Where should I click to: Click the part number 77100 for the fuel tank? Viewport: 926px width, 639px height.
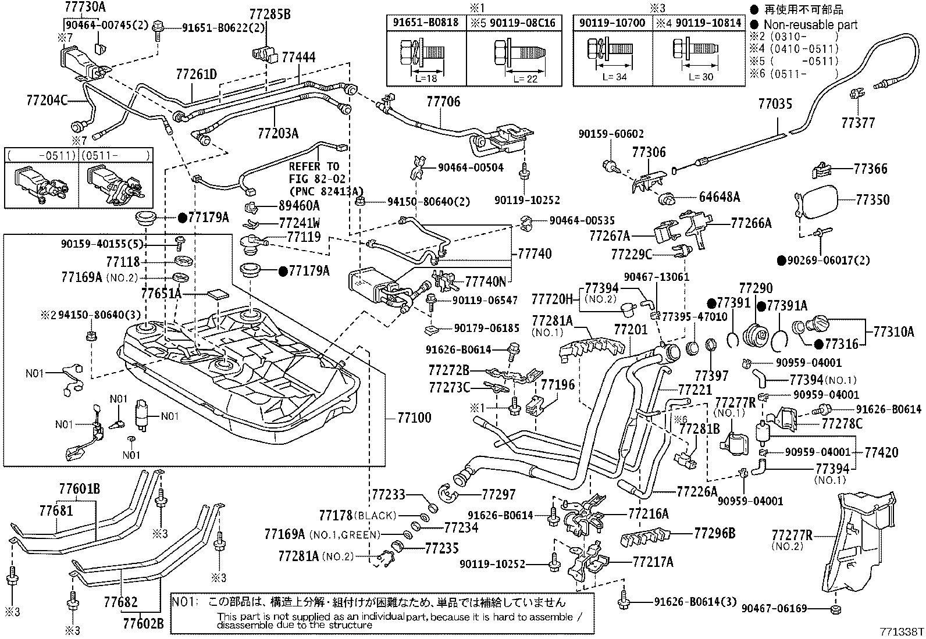click(x=414, y=417)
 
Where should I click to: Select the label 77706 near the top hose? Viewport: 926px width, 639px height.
click(x=443, y=102)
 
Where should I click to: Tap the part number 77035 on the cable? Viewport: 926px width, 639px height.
click(x=775, y=105)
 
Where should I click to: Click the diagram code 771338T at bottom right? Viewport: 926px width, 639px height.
click(x=900, y=630)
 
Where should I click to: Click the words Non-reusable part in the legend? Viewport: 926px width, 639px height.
click(x=810, y=24)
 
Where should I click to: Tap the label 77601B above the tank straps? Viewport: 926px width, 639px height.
click(x=79, y=489)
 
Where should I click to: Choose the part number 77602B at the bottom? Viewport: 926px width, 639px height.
click(x=143, y=624)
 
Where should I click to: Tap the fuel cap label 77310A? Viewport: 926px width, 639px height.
click(x=893, y=332)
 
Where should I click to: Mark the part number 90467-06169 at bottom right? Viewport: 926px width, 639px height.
click(x=774, y=609)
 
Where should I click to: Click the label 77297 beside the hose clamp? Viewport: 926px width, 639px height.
click(x=498, y=494)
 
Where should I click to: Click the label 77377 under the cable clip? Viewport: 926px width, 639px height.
click(x=858, y=123)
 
